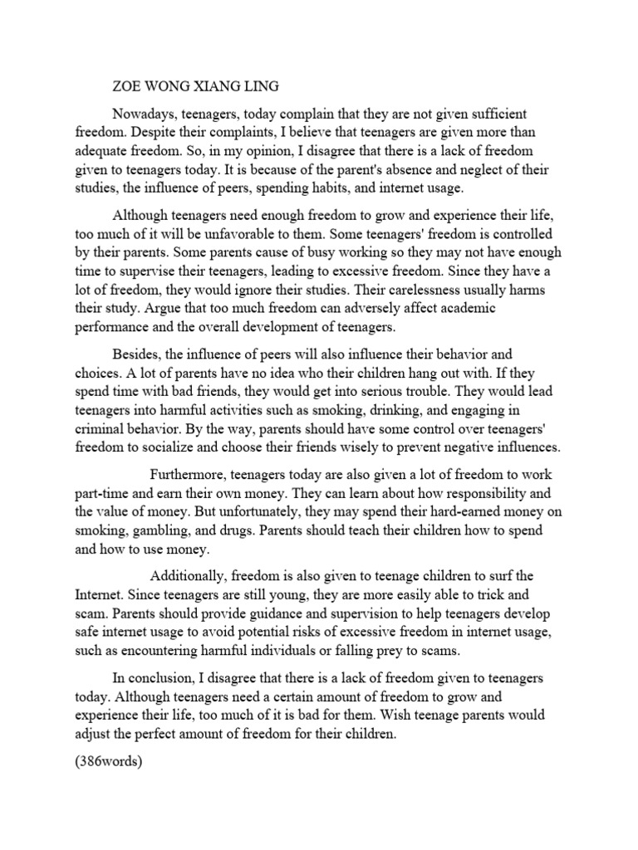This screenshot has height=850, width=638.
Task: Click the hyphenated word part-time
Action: tap(103, 493)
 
